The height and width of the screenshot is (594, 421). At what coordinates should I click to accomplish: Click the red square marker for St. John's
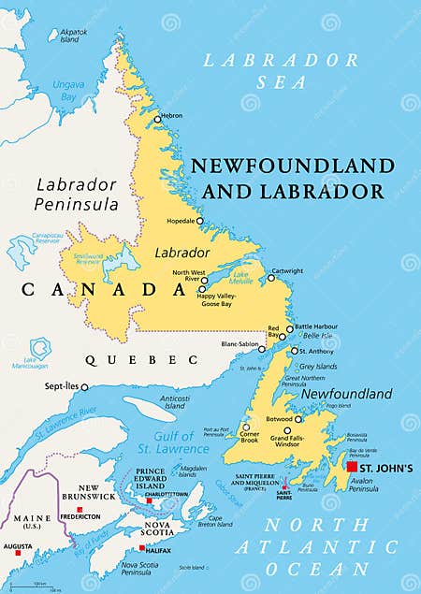[352, 466]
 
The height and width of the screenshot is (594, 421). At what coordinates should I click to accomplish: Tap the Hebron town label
[171, 116]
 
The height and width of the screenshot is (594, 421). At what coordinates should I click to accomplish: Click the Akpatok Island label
[75, 36]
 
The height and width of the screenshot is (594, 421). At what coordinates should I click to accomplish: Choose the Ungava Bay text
[68, 90]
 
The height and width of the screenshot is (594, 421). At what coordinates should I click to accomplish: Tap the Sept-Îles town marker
[84, 386]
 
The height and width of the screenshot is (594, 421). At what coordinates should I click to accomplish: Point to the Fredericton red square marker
[80, 508]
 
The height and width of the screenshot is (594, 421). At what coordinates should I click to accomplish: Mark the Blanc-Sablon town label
[240, 343]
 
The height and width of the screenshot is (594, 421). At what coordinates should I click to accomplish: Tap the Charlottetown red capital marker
[148, 500]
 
